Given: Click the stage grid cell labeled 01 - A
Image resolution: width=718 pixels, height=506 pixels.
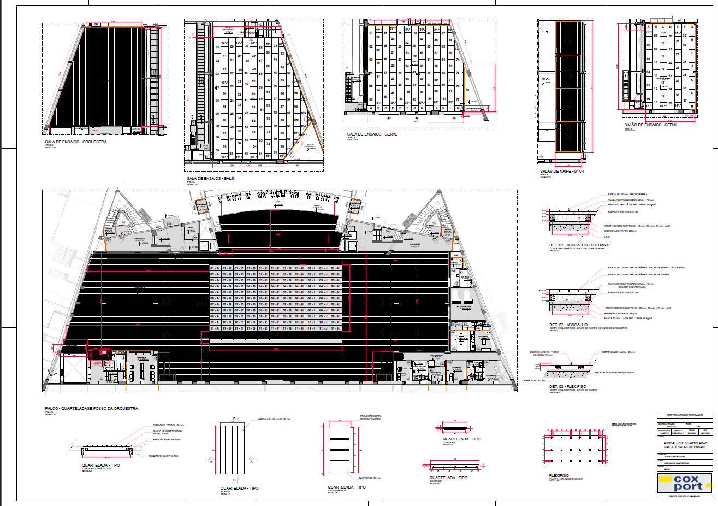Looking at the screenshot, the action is [215, 269].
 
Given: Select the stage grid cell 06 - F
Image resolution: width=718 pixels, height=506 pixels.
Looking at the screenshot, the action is [275, 298].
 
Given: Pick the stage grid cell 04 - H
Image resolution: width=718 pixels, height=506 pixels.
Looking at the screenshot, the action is [299, 286].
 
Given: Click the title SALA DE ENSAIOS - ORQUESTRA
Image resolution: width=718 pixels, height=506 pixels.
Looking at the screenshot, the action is [76, 142].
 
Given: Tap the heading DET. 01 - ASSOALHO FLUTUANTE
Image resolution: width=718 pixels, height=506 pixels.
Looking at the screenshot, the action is [580, 245].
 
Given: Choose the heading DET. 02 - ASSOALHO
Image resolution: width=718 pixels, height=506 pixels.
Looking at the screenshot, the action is [567, 325].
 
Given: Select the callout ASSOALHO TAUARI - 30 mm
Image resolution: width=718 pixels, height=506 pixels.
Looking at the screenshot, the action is [169, 425].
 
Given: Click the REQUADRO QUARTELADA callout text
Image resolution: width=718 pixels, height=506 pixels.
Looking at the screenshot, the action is [164, 456].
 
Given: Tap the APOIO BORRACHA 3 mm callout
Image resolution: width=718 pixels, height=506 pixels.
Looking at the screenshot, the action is [166, 440].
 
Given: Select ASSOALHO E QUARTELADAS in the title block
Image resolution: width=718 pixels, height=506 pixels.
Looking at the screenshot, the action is [685, 443].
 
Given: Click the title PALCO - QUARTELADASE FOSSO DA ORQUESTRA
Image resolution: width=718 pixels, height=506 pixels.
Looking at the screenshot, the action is [91, 408].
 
